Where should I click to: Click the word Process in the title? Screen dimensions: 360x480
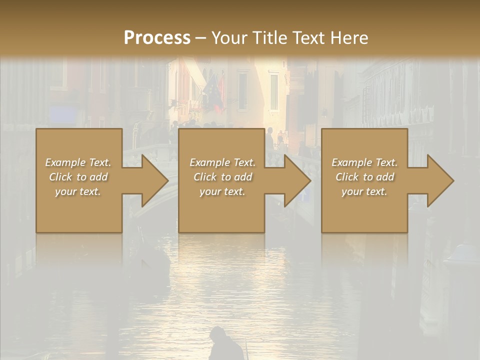tap(157, 38)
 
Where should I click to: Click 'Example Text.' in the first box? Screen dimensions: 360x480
tap(78, 162)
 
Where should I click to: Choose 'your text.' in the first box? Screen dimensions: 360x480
tap(78, 191)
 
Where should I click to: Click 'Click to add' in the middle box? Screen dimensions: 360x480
tap(222, 177)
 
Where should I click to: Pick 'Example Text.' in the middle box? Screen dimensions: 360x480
tap(222, 162)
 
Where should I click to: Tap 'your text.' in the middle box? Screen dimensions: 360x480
tap(222, 191)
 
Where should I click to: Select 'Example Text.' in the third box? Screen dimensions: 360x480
tap(364, 162)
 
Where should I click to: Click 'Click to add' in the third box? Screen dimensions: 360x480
tap(364, 177)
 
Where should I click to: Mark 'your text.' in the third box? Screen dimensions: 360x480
tap(364, 191)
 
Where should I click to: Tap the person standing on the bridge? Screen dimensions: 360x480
tap(270, 137)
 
